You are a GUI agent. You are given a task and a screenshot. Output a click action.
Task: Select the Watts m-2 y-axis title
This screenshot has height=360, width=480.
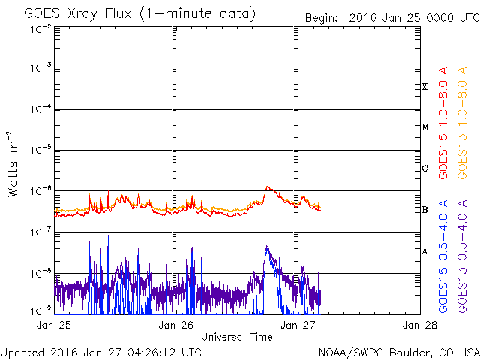click(x=13, y=164)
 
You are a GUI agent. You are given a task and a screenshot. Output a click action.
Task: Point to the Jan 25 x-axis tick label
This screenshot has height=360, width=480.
click(x=54, y=325)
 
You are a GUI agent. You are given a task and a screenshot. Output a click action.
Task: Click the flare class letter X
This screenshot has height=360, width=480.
click(x=424, y=87)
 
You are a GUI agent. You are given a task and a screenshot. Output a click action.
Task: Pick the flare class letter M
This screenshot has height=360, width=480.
click(x=424, y=127)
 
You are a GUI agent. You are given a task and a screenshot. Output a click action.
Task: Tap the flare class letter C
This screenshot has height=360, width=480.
click(x=424, y=168)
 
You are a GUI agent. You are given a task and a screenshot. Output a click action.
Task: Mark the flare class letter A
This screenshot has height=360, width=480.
click(x=424, y=251)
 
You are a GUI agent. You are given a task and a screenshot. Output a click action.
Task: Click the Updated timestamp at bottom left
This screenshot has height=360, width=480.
click(x=101, y=351)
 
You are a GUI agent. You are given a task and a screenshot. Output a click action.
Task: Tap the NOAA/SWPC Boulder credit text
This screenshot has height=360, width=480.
click(x=398, y=351)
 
